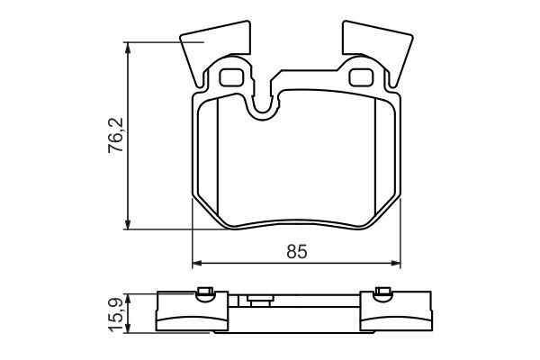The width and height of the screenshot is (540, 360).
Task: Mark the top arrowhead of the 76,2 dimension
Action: click(130, 47)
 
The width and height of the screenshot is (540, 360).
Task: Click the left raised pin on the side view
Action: click(204, 291)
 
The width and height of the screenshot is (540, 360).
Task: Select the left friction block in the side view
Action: click(191, 317)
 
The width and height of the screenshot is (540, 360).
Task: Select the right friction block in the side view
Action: click(396, 317)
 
